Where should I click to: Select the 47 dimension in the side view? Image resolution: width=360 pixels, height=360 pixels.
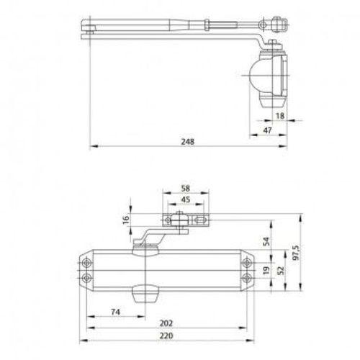[x=266, y=129]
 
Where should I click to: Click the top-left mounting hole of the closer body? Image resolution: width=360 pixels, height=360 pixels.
[x=88, y=262]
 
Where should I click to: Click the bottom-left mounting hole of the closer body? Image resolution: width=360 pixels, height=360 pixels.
[x=88, y=276]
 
